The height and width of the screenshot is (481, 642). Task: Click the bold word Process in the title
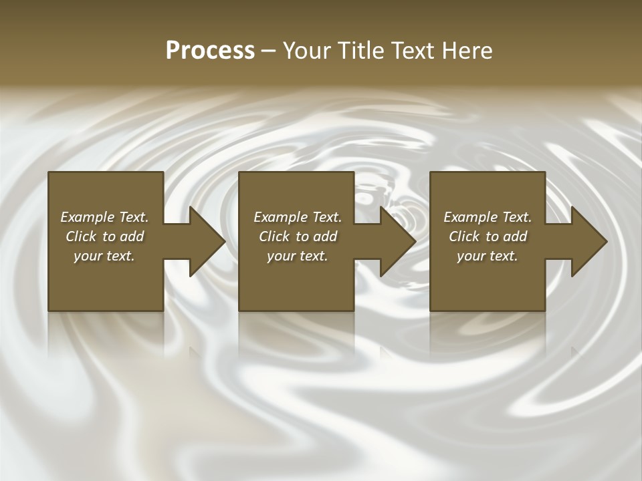click(210, 51)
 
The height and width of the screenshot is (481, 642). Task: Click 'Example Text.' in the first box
click(104, 217)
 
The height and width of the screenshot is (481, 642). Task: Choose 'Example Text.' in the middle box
click(298, 217)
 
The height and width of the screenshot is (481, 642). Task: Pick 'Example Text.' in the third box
click(488, 217)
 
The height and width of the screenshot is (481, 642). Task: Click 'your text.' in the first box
click(104, 256)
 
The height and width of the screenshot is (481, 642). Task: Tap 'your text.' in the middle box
click(298, 256)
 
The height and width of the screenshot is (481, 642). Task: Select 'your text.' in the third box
click(488, 256)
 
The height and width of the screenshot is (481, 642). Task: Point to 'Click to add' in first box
click(104, 236)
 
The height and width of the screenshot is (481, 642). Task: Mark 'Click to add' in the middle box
click(298, 236)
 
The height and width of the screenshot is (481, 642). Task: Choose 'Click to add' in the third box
click(488, 236)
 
